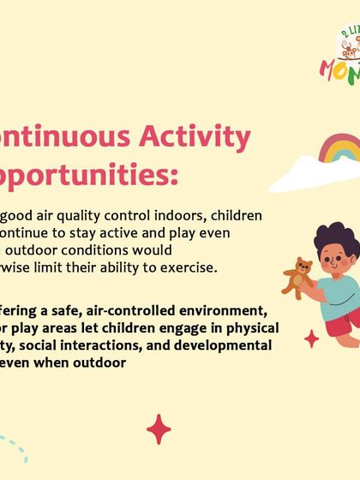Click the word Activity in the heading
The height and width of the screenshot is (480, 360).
(198, 137)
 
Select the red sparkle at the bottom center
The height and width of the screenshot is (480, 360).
(158, 428)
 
